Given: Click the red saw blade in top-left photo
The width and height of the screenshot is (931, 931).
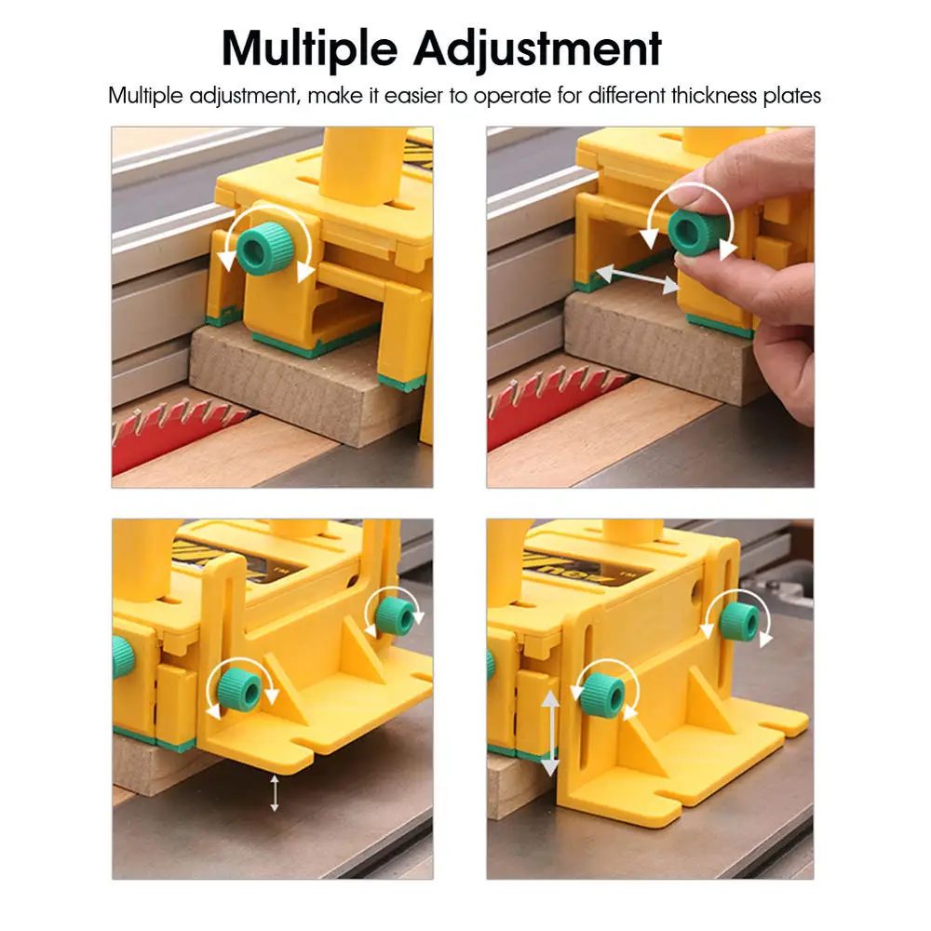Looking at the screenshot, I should pos(168,433).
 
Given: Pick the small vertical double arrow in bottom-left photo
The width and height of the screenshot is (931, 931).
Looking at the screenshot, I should pos(274,792).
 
